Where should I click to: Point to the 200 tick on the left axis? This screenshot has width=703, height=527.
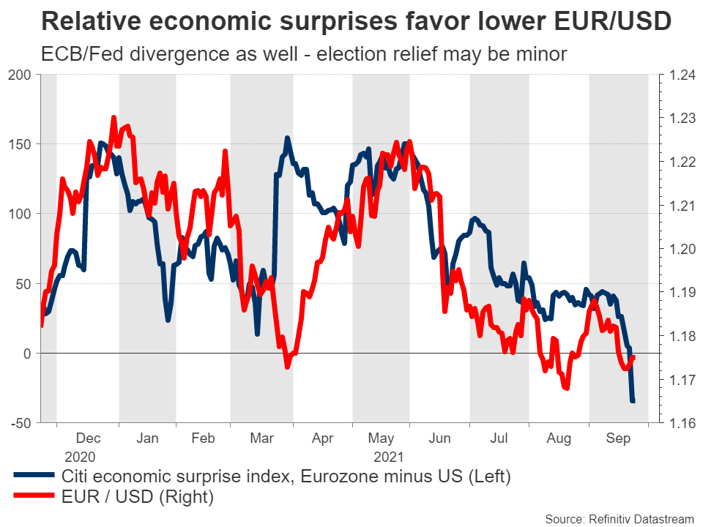pyautogui.click(x=20, y=75)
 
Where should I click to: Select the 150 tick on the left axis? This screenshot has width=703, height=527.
pyautogui.click(x=20, y=144)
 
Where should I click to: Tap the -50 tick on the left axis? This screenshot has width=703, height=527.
pyautogui.click(x=18, y=423)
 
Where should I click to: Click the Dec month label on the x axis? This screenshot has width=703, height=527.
pyautogui.click(x=89, y=439)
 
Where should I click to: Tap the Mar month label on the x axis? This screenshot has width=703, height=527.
pyautogui.click(x=262, y=439)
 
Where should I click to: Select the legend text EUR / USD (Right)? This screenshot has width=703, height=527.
pyautogui.click(x=138, y=498)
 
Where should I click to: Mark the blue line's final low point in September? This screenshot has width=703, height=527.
pyautogui.click(x=633, y=401)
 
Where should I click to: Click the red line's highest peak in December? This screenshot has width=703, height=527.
pyautogui.click(x=114, y=117)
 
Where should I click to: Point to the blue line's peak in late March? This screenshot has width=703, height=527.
pyautogui.click(x=287, y=138)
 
